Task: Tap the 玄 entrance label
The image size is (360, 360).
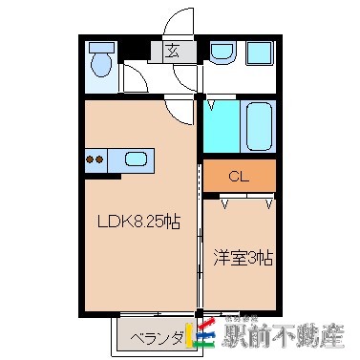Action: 173,52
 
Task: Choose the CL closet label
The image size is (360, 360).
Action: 239,177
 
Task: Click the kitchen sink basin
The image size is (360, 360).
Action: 135,159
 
